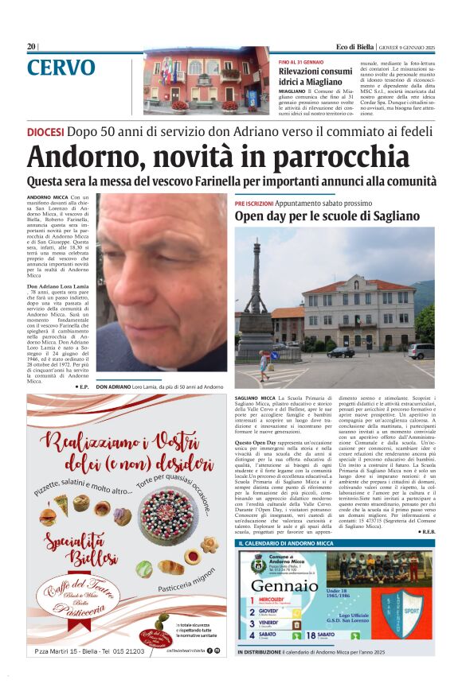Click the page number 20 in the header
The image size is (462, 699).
pyautogui.click(x=31, y=46)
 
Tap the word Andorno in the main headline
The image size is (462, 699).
pyautogui.click(x=76, y=157)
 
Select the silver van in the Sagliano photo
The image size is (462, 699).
pyautogui.click(x=420, y=351)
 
